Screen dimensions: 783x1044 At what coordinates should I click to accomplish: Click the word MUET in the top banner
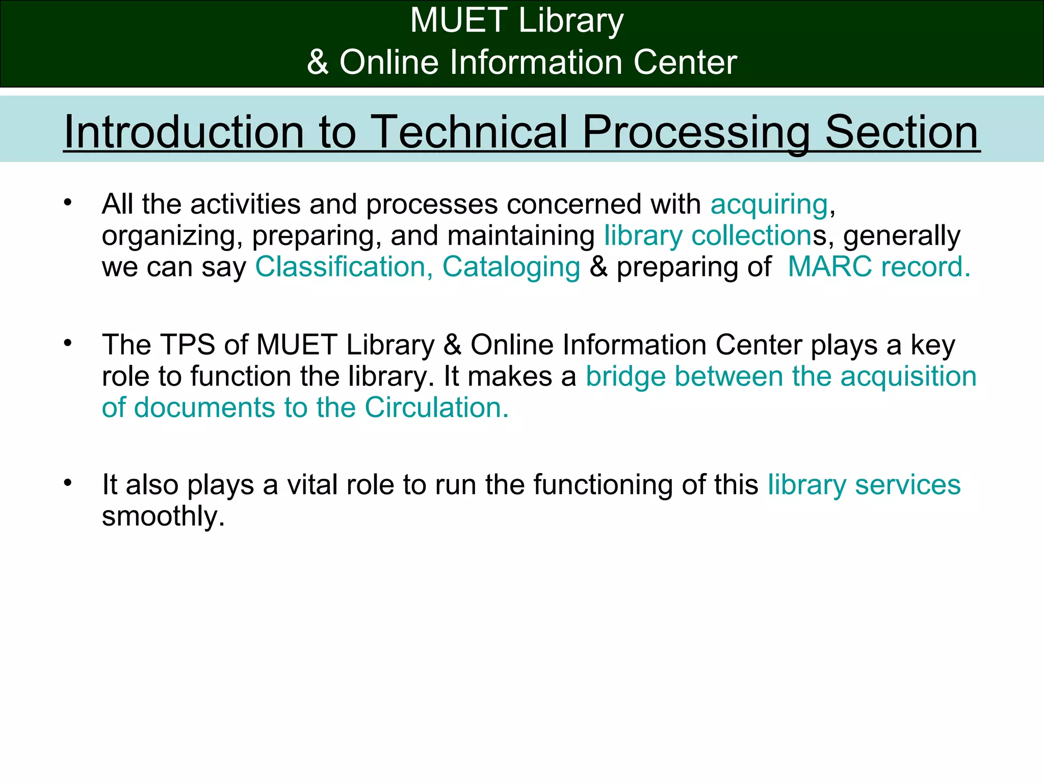point(458,21)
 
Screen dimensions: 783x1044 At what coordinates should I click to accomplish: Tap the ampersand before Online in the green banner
point(318,62)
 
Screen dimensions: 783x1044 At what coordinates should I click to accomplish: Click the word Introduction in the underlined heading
point(184,132)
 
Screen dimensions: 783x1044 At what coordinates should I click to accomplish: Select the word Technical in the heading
point(468,132)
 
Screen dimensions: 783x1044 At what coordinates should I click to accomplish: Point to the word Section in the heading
point(902,132)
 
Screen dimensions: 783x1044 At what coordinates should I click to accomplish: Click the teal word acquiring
point(769,205)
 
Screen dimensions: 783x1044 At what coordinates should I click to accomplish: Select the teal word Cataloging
point(511,267)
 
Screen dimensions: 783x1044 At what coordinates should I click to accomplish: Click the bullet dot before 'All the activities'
point(68,203)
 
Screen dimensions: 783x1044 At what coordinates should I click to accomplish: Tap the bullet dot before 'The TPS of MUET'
point(68,343)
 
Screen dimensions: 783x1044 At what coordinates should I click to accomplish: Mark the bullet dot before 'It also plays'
point(68,483)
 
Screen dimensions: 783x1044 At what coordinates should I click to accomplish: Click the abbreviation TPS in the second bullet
point(187,345)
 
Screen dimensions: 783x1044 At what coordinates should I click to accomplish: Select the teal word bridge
point(625,377)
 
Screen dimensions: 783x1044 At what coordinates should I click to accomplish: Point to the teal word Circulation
point(436,408)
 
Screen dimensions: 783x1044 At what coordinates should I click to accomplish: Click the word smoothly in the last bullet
point(163,516)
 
